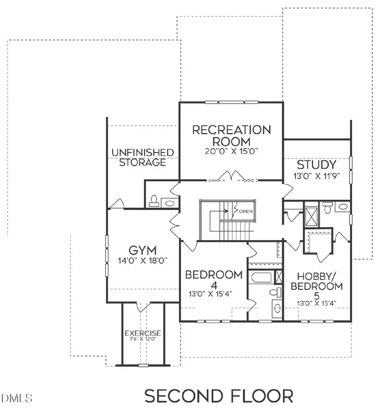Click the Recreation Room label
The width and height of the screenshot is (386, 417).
coord(231,135)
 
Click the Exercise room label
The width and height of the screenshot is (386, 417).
coord(142,333)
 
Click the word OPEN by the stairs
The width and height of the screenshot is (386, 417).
coord(246,212)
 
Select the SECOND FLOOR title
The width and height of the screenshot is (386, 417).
coord(219,396)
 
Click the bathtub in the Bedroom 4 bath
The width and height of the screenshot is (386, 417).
coord(260,277)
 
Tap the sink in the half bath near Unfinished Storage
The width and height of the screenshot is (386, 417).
coord(170,203)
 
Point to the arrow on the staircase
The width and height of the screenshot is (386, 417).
coord(225,210)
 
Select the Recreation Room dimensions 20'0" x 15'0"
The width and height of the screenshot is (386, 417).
coord(231,151)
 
